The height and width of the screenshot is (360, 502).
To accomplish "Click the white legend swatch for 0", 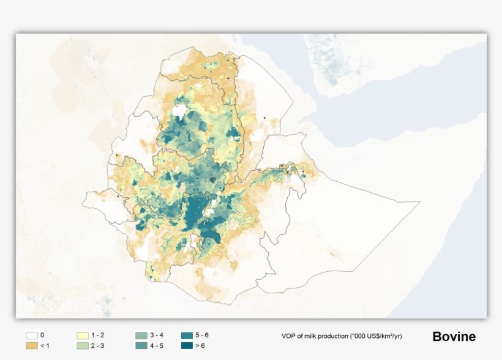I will [x=32, y=336].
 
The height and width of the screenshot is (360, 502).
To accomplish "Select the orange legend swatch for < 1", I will [x=32, y=346].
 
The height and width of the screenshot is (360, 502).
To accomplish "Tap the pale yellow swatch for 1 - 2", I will [x=82, y=336].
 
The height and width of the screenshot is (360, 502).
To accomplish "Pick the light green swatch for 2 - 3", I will [x=82, y=346].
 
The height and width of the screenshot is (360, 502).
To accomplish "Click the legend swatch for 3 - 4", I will [x=141, y=336].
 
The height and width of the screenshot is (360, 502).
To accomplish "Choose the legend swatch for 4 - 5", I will [x=141, y=346].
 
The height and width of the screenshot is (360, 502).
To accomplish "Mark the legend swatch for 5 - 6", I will [x=188, y=336].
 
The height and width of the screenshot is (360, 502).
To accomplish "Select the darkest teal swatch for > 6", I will [x=188, y=346].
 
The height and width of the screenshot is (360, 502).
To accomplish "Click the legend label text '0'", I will [x=42, y=336].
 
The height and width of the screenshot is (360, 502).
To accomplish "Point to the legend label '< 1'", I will [x=45, y=346].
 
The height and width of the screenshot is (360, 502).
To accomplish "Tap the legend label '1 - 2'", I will [x=98, y=336].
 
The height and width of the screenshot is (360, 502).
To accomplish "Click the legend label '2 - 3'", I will [x=98, y=346].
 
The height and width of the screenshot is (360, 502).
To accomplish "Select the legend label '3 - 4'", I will [x=157, y=336].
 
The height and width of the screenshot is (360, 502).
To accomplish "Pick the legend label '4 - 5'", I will [x=157, y=346].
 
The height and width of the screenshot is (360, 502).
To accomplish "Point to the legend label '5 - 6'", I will [x=203, y=336].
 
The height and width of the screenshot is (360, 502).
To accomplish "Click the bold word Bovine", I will [x=454, y=337].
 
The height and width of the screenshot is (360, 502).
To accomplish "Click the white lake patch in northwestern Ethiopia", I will [x=179, y=111].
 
